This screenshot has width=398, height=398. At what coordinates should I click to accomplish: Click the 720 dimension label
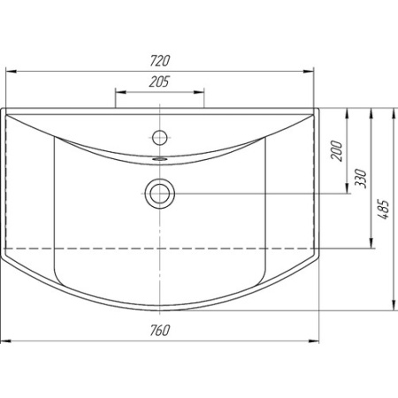160,61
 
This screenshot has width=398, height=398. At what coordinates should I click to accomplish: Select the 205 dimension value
159,81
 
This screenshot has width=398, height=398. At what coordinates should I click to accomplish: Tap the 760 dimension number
160,331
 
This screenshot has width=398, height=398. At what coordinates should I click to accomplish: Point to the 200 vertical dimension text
337,151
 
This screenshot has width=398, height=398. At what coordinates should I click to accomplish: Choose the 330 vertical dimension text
361,179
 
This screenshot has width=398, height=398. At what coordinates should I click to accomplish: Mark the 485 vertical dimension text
384,210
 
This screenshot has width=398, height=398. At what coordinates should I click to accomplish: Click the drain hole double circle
160,194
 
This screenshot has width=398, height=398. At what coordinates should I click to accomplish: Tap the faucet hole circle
160,137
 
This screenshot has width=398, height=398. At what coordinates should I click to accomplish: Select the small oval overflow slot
160,158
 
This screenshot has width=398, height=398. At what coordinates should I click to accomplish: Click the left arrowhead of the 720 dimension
11,71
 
